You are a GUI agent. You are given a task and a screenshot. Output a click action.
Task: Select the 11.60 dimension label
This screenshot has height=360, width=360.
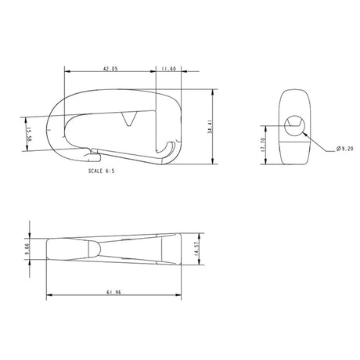tap(168, 69)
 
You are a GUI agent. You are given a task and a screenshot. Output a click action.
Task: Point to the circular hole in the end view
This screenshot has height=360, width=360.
tap(296, 124)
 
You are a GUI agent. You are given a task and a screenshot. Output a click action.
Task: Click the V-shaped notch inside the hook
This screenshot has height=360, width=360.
tap(130, 119)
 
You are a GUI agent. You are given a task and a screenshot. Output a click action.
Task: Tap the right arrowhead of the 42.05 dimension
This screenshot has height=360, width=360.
tap(153, 73)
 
